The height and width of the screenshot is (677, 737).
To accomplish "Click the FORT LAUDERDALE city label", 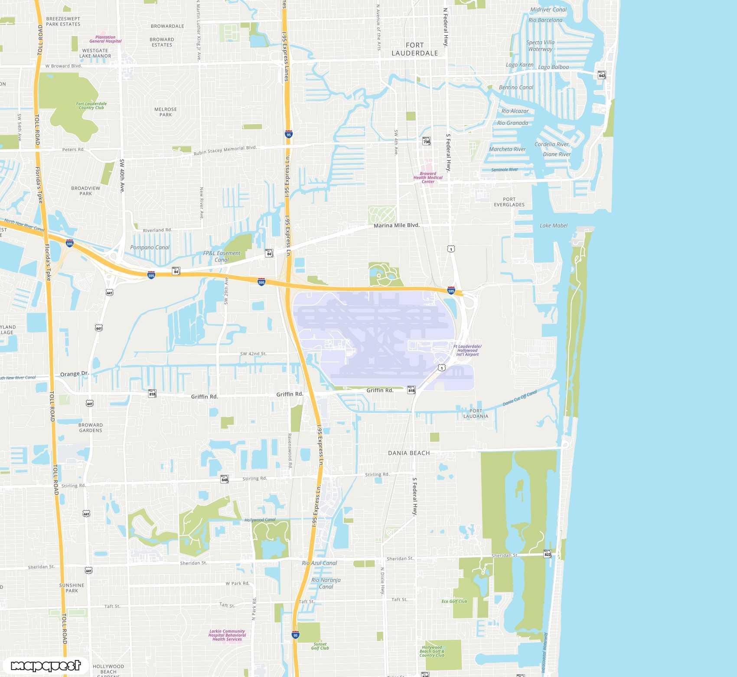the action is [414, 49].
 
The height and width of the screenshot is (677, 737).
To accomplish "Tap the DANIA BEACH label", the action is [409, 453].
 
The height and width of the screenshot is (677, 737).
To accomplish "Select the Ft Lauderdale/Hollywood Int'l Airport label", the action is [467, 350].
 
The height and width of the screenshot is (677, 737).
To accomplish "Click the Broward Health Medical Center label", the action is [428, 177].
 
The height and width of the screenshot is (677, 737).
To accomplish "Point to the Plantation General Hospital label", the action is [105, 39].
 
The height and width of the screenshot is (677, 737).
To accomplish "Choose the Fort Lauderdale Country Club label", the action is [91, 105].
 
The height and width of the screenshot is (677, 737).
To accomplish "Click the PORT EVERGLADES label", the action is [509, 202].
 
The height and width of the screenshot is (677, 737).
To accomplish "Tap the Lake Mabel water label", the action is [553, 226].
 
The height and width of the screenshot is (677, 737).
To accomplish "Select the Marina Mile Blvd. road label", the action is [396, 225].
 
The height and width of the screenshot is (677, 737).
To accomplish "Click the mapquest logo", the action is [46, 665].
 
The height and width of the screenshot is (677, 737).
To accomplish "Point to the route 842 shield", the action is [602, 75].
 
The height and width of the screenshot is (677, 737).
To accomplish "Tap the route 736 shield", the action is [427, 141].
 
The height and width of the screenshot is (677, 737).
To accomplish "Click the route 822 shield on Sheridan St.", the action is [548, 554].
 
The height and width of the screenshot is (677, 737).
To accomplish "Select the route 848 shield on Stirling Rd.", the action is [225, 480].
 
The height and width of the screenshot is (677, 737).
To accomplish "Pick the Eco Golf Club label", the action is [454, 601].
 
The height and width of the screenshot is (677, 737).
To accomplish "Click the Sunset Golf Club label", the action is [320, 646].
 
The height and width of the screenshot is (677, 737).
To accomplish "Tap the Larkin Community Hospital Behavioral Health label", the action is [227, 635].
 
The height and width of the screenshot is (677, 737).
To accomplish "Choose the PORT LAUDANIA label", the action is [476, 414].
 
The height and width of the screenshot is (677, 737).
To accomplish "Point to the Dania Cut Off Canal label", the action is [520, 398].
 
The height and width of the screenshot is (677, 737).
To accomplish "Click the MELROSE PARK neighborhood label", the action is [166, 112].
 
